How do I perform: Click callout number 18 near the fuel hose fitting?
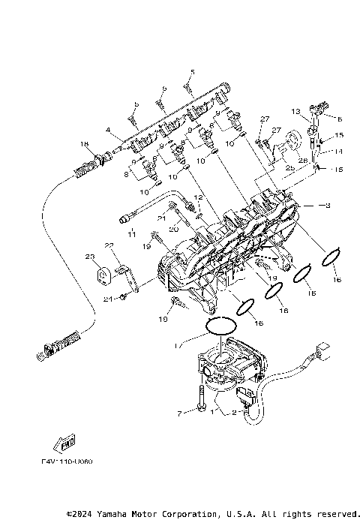(x=84, y=144)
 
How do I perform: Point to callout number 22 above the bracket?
(x=108, y=246)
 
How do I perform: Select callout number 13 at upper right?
(x=296, y=112)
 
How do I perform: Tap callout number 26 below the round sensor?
(x=304, y=159)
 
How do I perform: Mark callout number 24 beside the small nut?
(x=107, y=299)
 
